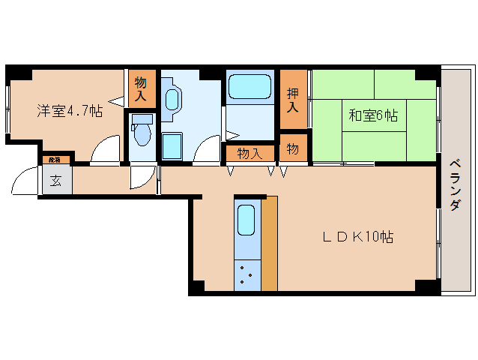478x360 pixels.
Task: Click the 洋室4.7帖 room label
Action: click(70, 111)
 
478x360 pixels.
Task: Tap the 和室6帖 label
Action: click(372, 115)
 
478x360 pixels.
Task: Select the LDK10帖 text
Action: click(358, 237)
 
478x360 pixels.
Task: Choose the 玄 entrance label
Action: click(56, 180)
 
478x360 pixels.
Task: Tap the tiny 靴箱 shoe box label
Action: click(54, 160)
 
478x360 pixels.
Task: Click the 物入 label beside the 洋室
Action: click(140, 88)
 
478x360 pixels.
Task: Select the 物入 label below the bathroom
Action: click(249, 153)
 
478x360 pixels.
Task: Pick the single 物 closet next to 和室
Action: click(293, 148)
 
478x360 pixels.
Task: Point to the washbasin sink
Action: click(172, 100)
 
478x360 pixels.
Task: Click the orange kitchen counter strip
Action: click(269, 244)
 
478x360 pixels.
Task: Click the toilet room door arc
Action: click(140, 177)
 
